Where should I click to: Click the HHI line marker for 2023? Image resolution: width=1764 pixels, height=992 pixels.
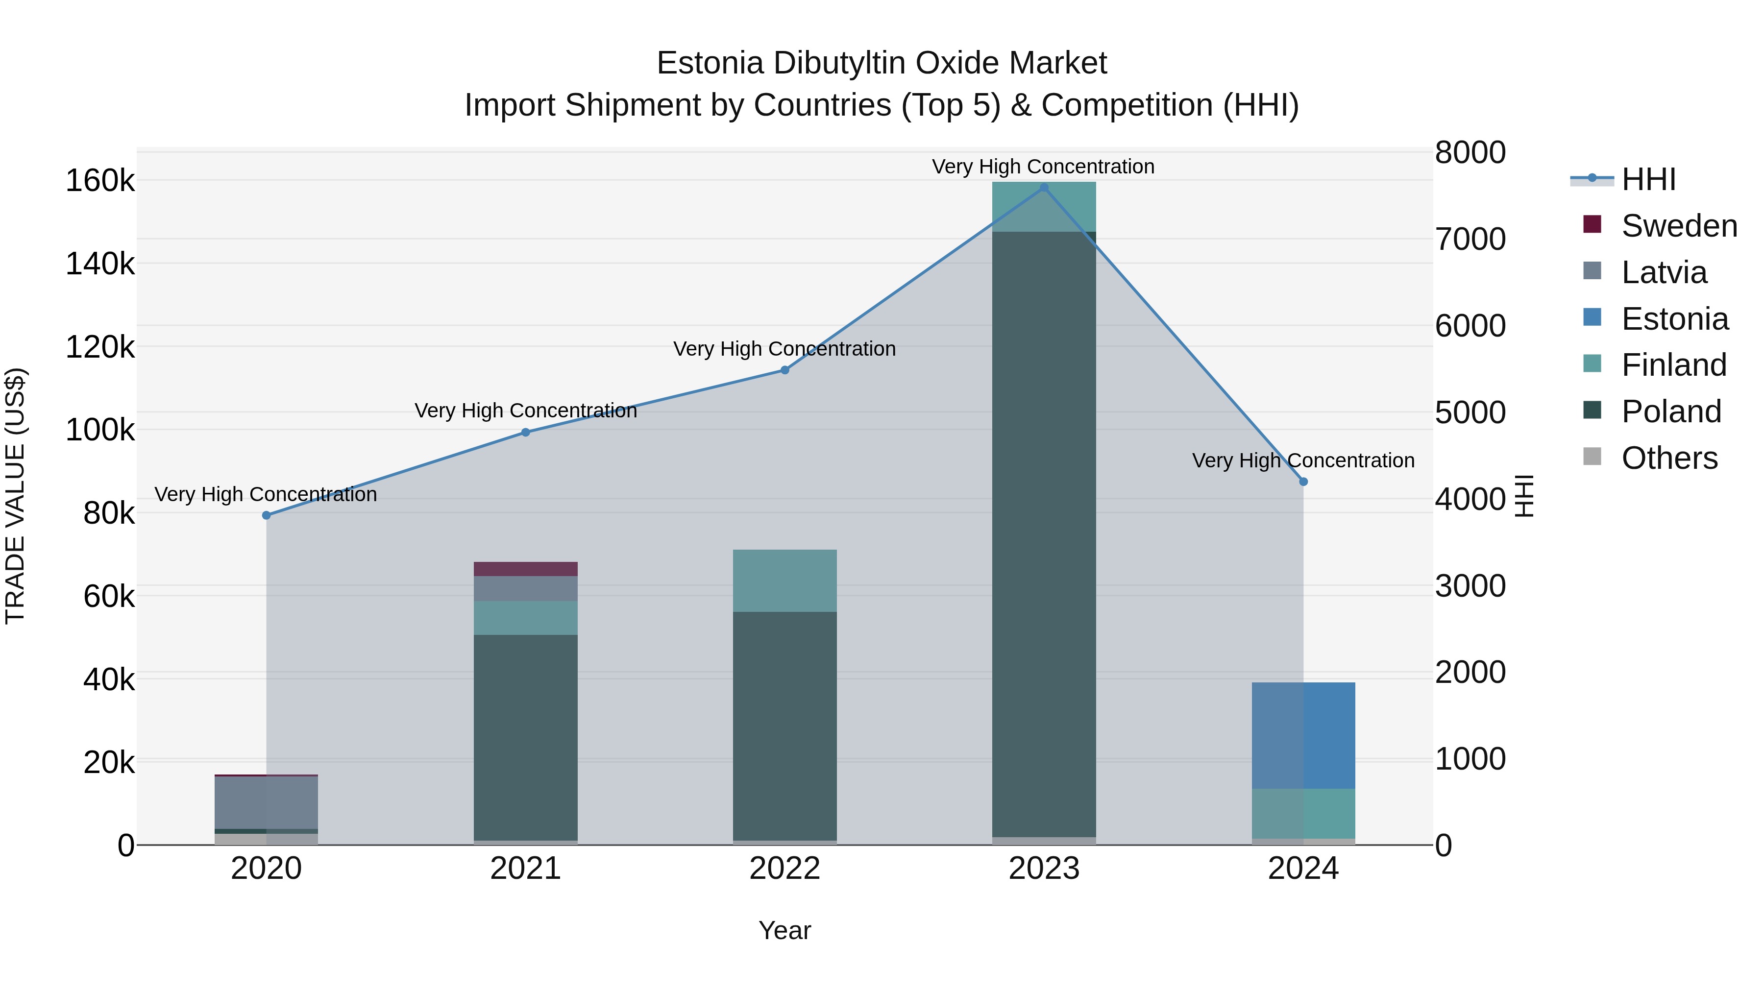coord(1044,188)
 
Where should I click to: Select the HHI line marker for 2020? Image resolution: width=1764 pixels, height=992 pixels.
coord(267,515)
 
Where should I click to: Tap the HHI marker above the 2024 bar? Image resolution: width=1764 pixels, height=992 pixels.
coord(1303,482)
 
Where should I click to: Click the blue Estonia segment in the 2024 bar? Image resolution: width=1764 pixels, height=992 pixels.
coord(1303,736)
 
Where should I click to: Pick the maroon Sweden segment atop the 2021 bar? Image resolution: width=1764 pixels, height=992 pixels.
coord(525,569)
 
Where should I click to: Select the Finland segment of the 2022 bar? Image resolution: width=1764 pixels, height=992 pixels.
coord(785,581)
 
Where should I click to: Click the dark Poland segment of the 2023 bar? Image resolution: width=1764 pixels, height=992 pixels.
coord(1044,534)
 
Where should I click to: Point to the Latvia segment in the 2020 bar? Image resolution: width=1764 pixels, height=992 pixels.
coord(267,802)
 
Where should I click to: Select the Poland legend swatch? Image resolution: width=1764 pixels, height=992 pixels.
coord(1592,411)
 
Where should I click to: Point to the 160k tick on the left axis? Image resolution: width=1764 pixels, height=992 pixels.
coord(100,181)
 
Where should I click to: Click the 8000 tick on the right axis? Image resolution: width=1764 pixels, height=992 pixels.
coord(1470,153)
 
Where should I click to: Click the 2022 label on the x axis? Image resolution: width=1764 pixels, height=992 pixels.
coord(785,869)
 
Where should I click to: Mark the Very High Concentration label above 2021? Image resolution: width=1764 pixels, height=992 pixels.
coord(525,411)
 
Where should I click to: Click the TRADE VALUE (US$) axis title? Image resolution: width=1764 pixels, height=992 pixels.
coord(15,496)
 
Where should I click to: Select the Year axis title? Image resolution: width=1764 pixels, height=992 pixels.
coord(785,930)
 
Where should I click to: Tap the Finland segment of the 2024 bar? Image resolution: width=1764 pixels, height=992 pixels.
coord(1303,813)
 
